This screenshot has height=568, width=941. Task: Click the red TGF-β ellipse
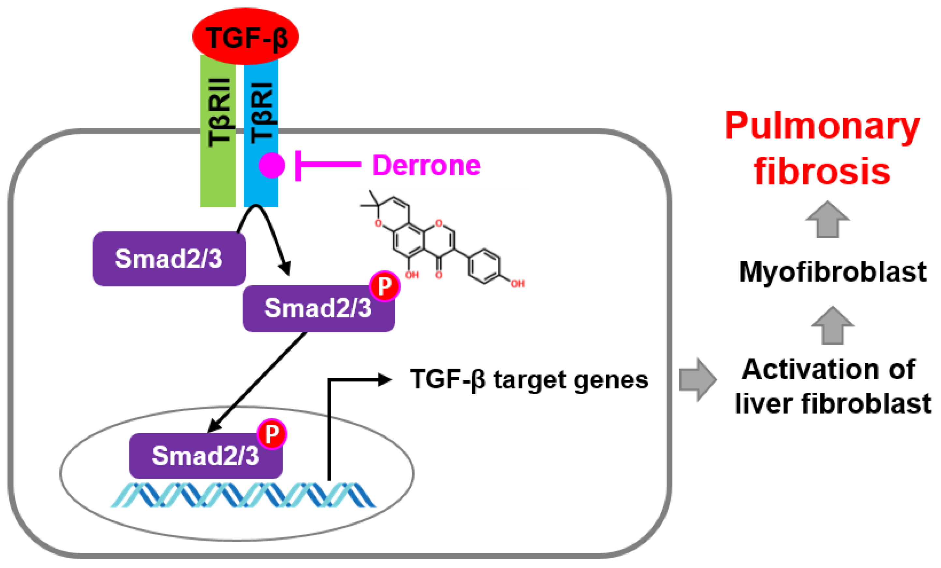[245, 36]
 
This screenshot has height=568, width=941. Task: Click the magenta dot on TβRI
[272, 165]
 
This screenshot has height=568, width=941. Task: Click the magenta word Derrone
[426, 165]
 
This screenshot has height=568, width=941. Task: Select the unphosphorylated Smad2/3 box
[169, 258]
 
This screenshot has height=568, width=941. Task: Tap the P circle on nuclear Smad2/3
[272, 434]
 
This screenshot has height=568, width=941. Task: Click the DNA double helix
[243, 495]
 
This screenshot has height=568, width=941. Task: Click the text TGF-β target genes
[529, 380]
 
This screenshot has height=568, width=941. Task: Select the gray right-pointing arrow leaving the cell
[697, 380]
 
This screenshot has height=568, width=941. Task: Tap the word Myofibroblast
[832, 272]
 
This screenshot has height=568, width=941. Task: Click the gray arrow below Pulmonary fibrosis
[827, 220]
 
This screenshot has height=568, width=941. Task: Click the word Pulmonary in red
[822, 126]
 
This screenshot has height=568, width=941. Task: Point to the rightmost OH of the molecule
[518, 284]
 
